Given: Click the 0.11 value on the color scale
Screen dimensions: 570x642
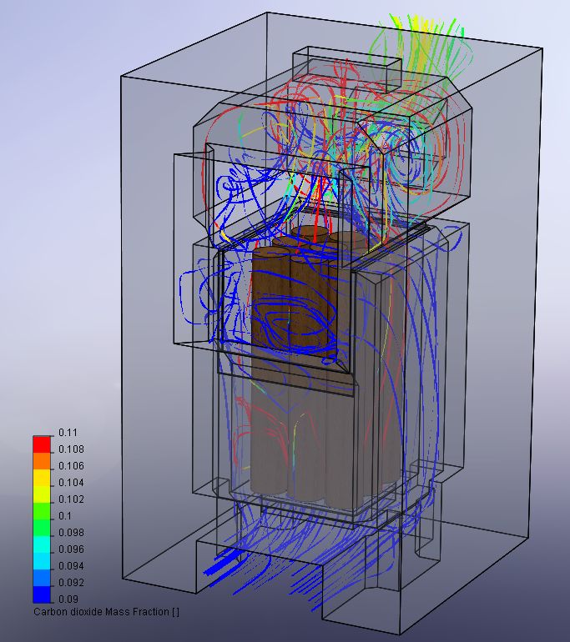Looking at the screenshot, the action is [68, 433].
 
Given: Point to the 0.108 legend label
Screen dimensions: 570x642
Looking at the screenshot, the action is [71, 449].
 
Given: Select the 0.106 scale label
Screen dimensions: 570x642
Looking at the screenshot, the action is [71, 466].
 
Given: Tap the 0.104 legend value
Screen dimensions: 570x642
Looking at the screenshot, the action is [71, 483].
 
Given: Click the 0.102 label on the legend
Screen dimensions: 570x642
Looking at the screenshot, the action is [71, 499].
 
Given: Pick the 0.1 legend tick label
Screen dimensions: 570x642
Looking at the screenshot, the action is [65, 516].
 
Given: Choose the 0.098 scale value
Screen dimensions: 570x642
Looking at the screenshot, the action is [71, 533].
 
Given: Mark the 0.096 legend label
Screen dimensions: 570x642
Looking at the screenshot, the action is [71, 549].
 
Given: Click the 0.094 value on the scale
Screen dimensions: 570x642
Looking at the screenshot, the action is [71, 566].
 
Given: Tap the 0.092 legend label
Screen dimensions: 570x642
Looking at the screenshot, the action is [71, 583].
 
